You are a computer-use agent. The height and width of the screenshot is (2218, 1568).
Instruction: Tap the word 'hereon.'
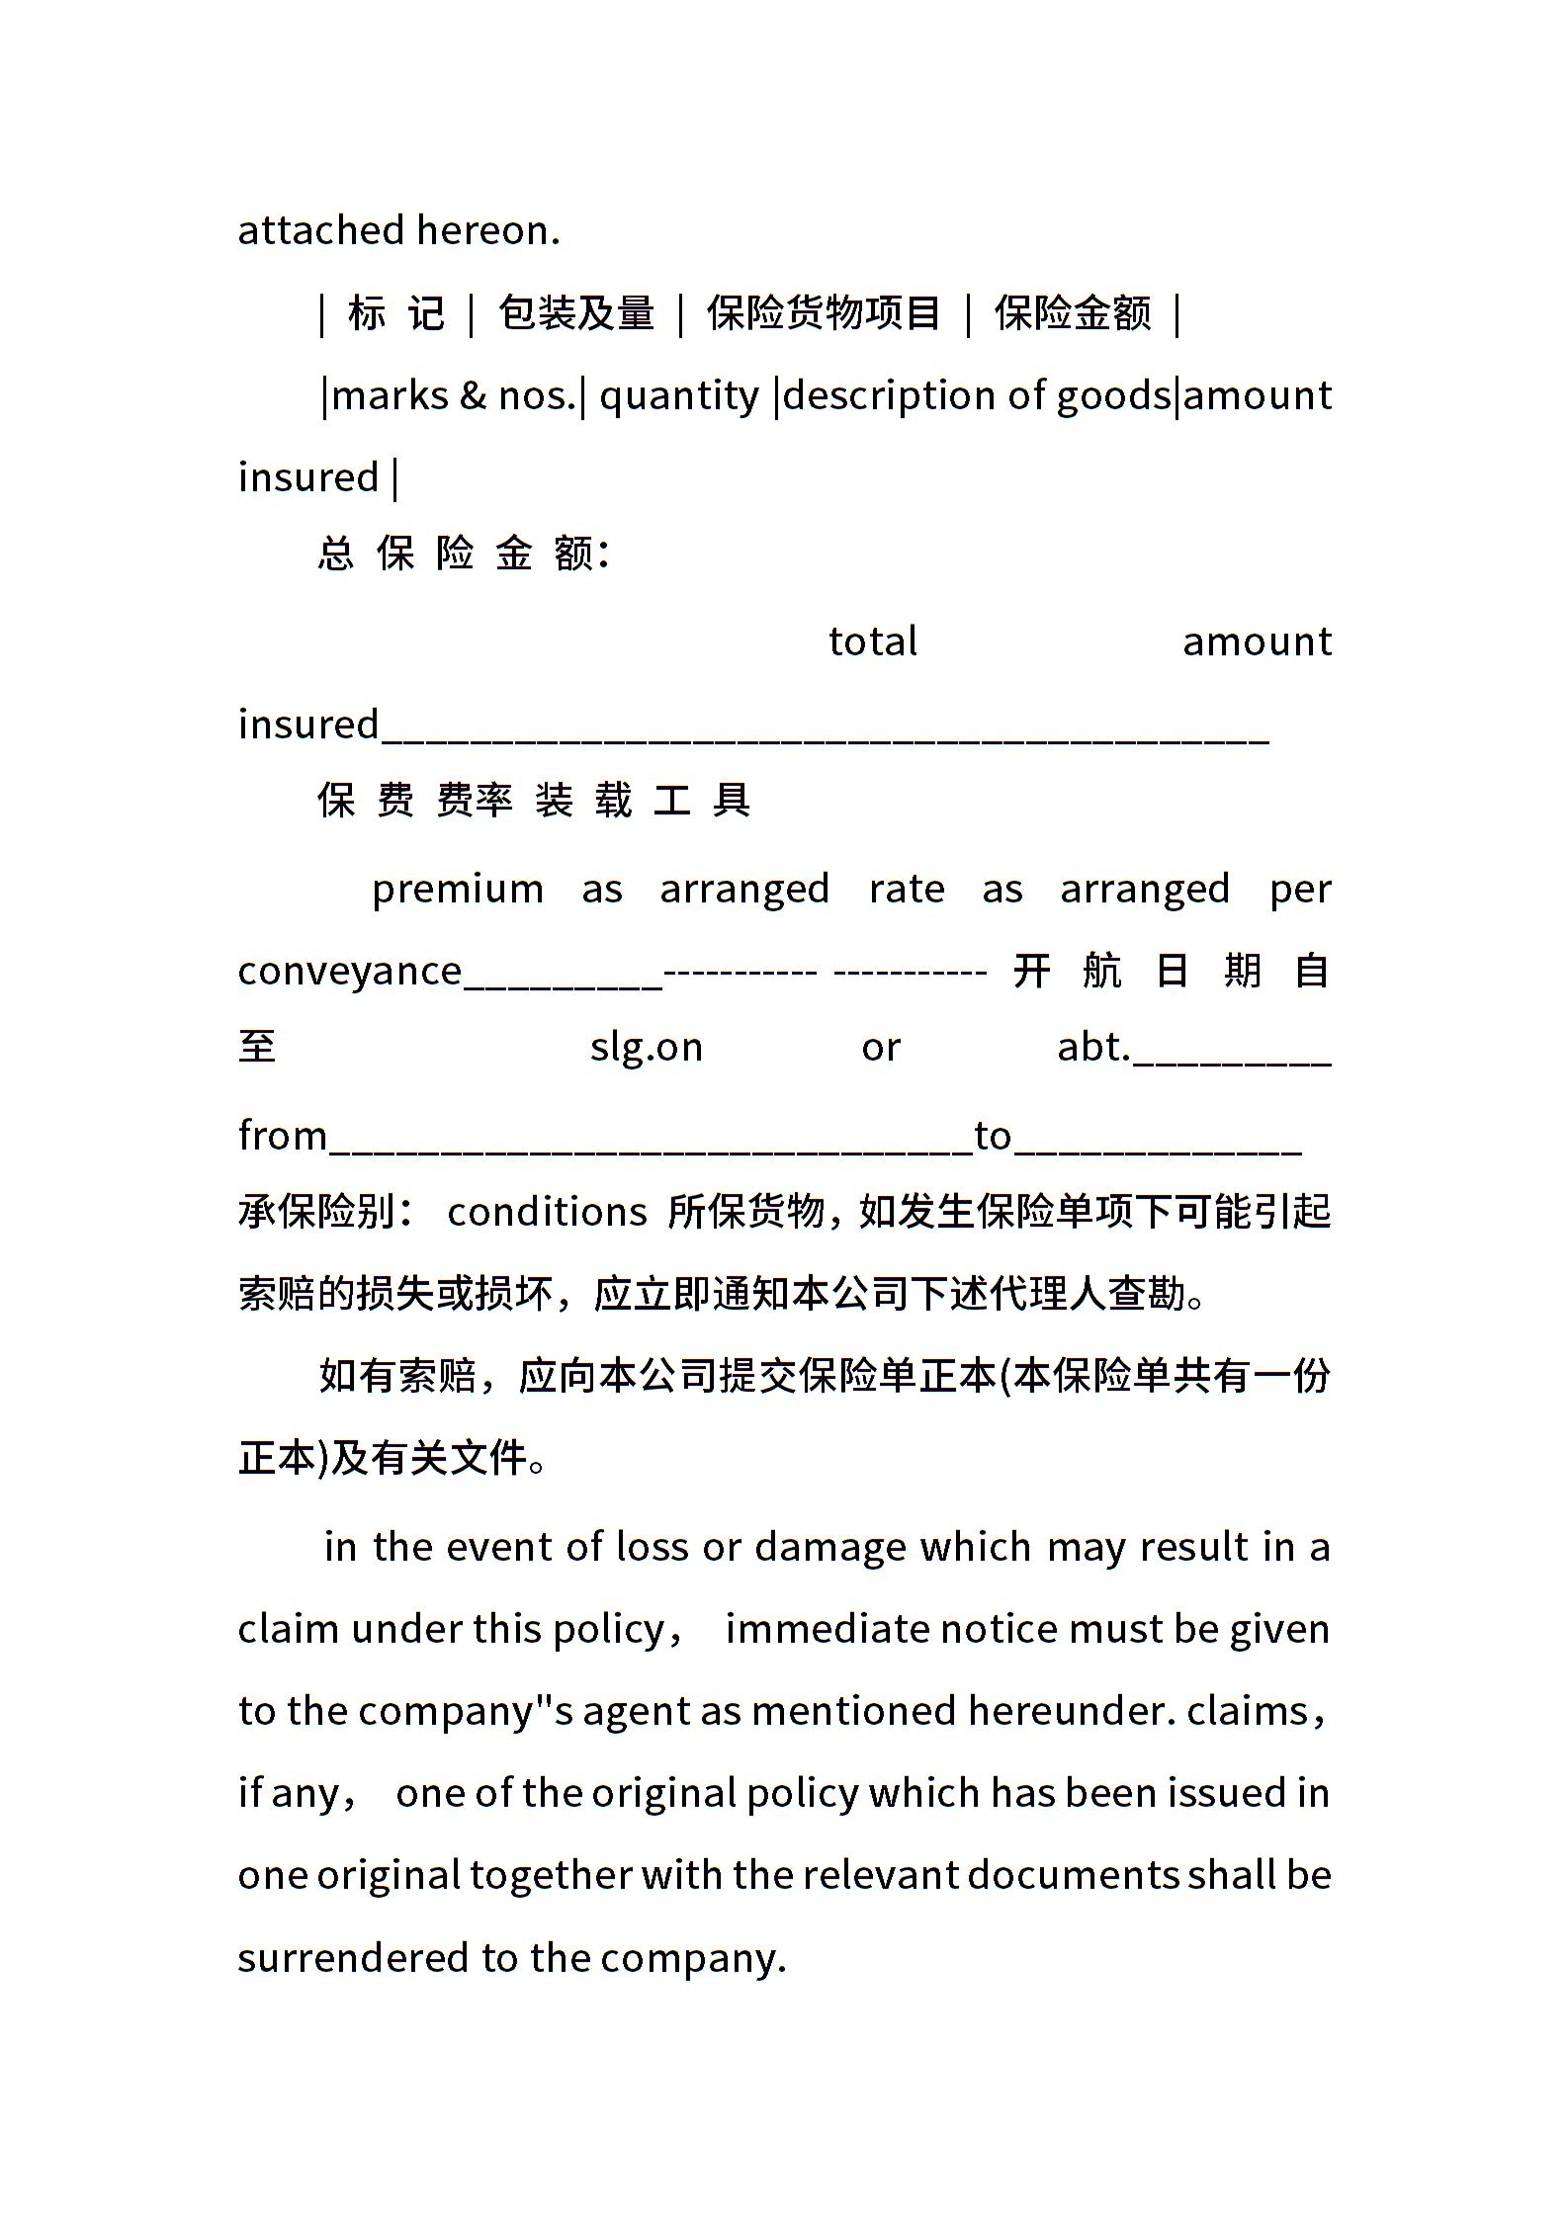click(488, 230)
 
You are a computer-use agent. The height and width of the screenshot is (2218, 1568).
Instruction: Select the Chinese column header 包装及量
click(575, 313)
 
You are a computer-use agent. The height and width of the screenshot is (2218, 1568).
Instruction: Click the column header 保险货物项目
click(823, 313)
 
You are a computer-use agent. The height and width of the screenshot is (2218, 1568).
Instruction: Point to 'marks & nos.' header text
click(454, 396)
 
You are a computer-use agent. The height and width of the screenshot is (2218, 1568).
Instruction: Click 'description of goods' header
click(977, 396)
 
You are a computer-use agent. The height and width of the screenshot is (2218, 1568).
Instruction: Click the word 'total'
click(872, 642)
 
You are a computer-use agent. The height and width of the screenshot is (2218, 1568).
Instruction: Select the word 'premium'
click(458, 890)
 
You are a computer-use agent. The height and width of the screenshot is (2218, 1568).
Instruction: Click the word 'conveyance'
click(350, 972)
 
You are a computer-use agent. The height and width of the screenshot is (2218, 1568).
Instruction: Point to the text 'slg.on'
click(647, 1047)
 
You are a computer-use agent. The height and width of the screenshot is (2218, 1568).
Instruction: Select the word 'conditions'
click(547, 1212)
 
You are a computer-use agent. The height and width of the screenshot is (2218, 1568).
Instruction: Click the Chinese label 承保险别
click(317, 1212)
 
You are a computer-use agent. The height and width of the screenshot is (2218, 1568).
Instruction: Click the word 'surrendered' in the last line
click(353, 1958)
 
